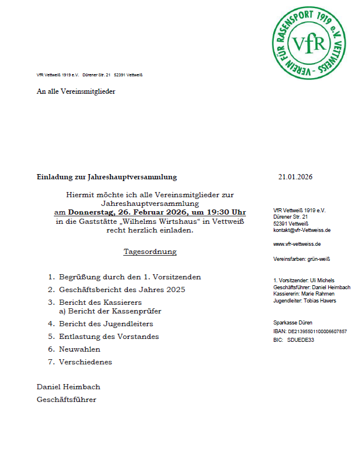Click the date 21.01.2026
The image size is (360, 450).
point(295,177)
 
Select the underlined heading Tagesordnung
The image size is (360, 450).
point(150,252)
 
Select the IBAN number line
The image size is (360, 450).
point(310,331)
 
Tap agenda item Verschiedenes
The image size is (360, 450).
point(85,362)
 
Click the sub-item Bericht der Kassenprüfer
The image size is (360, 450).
point(114,311)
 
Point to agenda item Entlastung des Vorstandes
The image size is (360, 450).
point(108,337)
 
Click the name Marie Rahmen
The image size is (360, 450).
point(321,294)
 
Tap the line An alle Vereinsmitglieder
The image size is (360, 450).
point(76,91)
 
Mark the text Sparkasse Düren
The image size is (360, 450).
point(292,322)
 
